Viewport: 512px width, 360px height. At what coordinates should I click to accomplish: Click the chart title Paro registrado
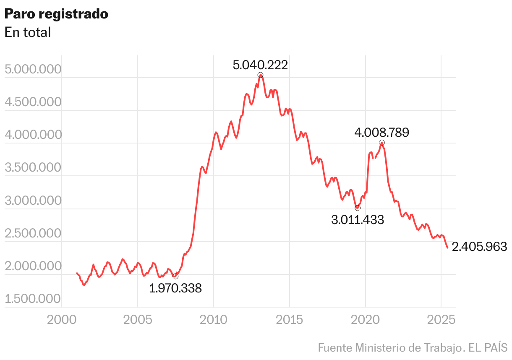tap(56, 14)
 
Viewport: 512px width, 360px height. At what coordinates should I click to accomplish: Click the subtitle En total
tap(28, 32)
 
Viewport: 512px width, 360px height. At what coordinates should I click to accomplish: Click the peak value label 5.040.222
tap(260, 65)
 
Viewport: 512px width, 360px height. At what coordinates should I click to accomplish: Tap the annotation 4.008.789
tap(381, 133)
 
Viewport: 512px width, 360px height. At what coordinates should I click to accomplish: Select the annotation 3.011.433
tap(358, 220)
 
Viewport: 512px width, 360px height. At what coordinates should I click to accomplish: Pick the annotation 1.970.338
tap(175, 288)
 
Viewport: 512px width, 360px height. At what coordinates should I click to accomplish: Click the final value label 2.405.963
tap(479, 247)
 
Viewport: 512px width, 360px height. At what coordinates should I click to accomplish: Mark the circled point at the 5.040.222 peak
tap(261, 75)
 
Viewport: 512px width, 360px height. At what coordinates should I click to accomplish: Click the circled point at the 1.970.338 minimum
tap(175, 276)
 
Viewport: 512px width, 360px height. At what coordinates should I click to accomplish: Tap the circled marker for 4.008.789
tap(381, 143)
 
